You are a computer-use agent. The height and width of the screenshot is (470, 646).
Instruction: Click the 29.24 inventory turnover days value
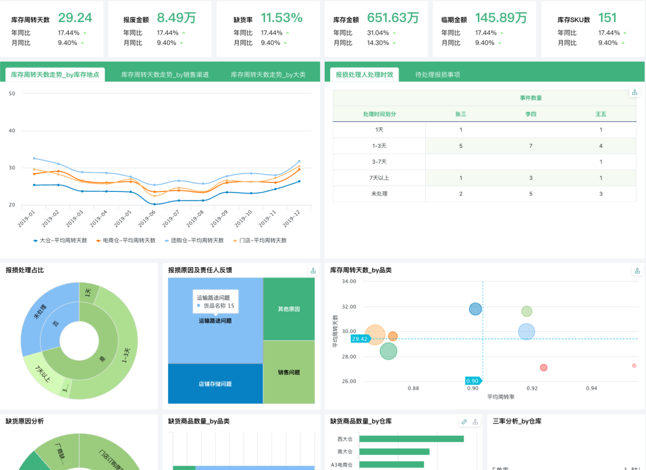click(x=75, y=18)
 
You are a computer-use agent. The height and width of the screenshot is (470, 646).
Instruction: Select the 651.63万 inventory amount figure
click(x=392, y=18)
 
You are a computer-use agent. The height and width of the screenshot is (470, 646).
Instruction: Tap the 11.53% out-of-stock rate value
click(x=281, y=18)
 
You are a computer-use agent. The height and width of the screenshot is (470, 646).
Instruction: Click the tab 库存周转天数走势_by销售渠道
click(x=164, y=75)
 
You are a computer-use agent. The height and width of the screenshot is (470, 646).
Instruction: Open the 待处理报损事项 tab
click(x=438, y=75)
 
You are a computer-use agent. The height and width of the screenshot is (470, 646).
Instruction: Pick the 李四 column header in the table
click(x=531, y=114)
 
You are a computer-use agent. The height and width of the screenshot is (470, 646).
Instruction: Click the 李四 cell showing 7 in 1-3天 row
click(x=531, y=146)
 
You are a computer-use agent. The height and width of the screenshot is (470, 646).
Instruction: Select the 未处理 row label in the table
click(x=380, y=194)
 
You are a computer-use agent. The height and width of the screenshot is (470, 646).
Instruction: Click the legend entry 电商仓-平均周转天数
click(x=126, y=240)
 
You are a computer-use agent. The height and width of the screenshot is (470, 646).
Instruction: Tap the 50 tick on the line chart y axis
click(x=12, y=93)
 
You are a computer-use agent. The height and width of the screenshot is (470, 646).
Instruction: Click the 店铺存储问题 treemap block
click(x=215, y=384)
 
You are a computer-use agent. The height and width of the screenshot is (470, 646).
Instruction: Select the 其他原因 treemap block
click(x=289, y=309)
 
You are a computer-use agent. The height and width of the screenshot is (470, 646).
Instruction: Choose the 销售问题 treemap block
click(x=289, y=373)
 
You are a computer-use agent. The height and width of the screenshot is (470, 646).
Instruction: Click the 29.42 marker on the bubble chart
click(x=360, y=339)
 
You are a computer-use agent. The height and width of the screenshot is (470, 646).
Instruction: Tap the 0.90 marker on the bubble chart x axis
click(x=473, y=381)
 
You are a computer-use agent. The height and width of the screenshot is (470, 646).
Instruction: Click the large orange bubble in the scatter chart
click(x=375, y=335)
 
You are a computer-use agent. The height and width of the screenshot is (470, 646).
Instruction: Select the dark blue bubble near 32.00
click(x=476, y=309)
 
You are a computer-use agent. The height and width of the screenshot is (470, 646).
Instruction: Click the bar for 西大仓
click(x=412, y=439)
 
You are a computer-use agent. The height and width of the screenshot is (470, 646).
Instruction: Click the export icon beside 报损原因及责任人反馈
click(x=312, y=270)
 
